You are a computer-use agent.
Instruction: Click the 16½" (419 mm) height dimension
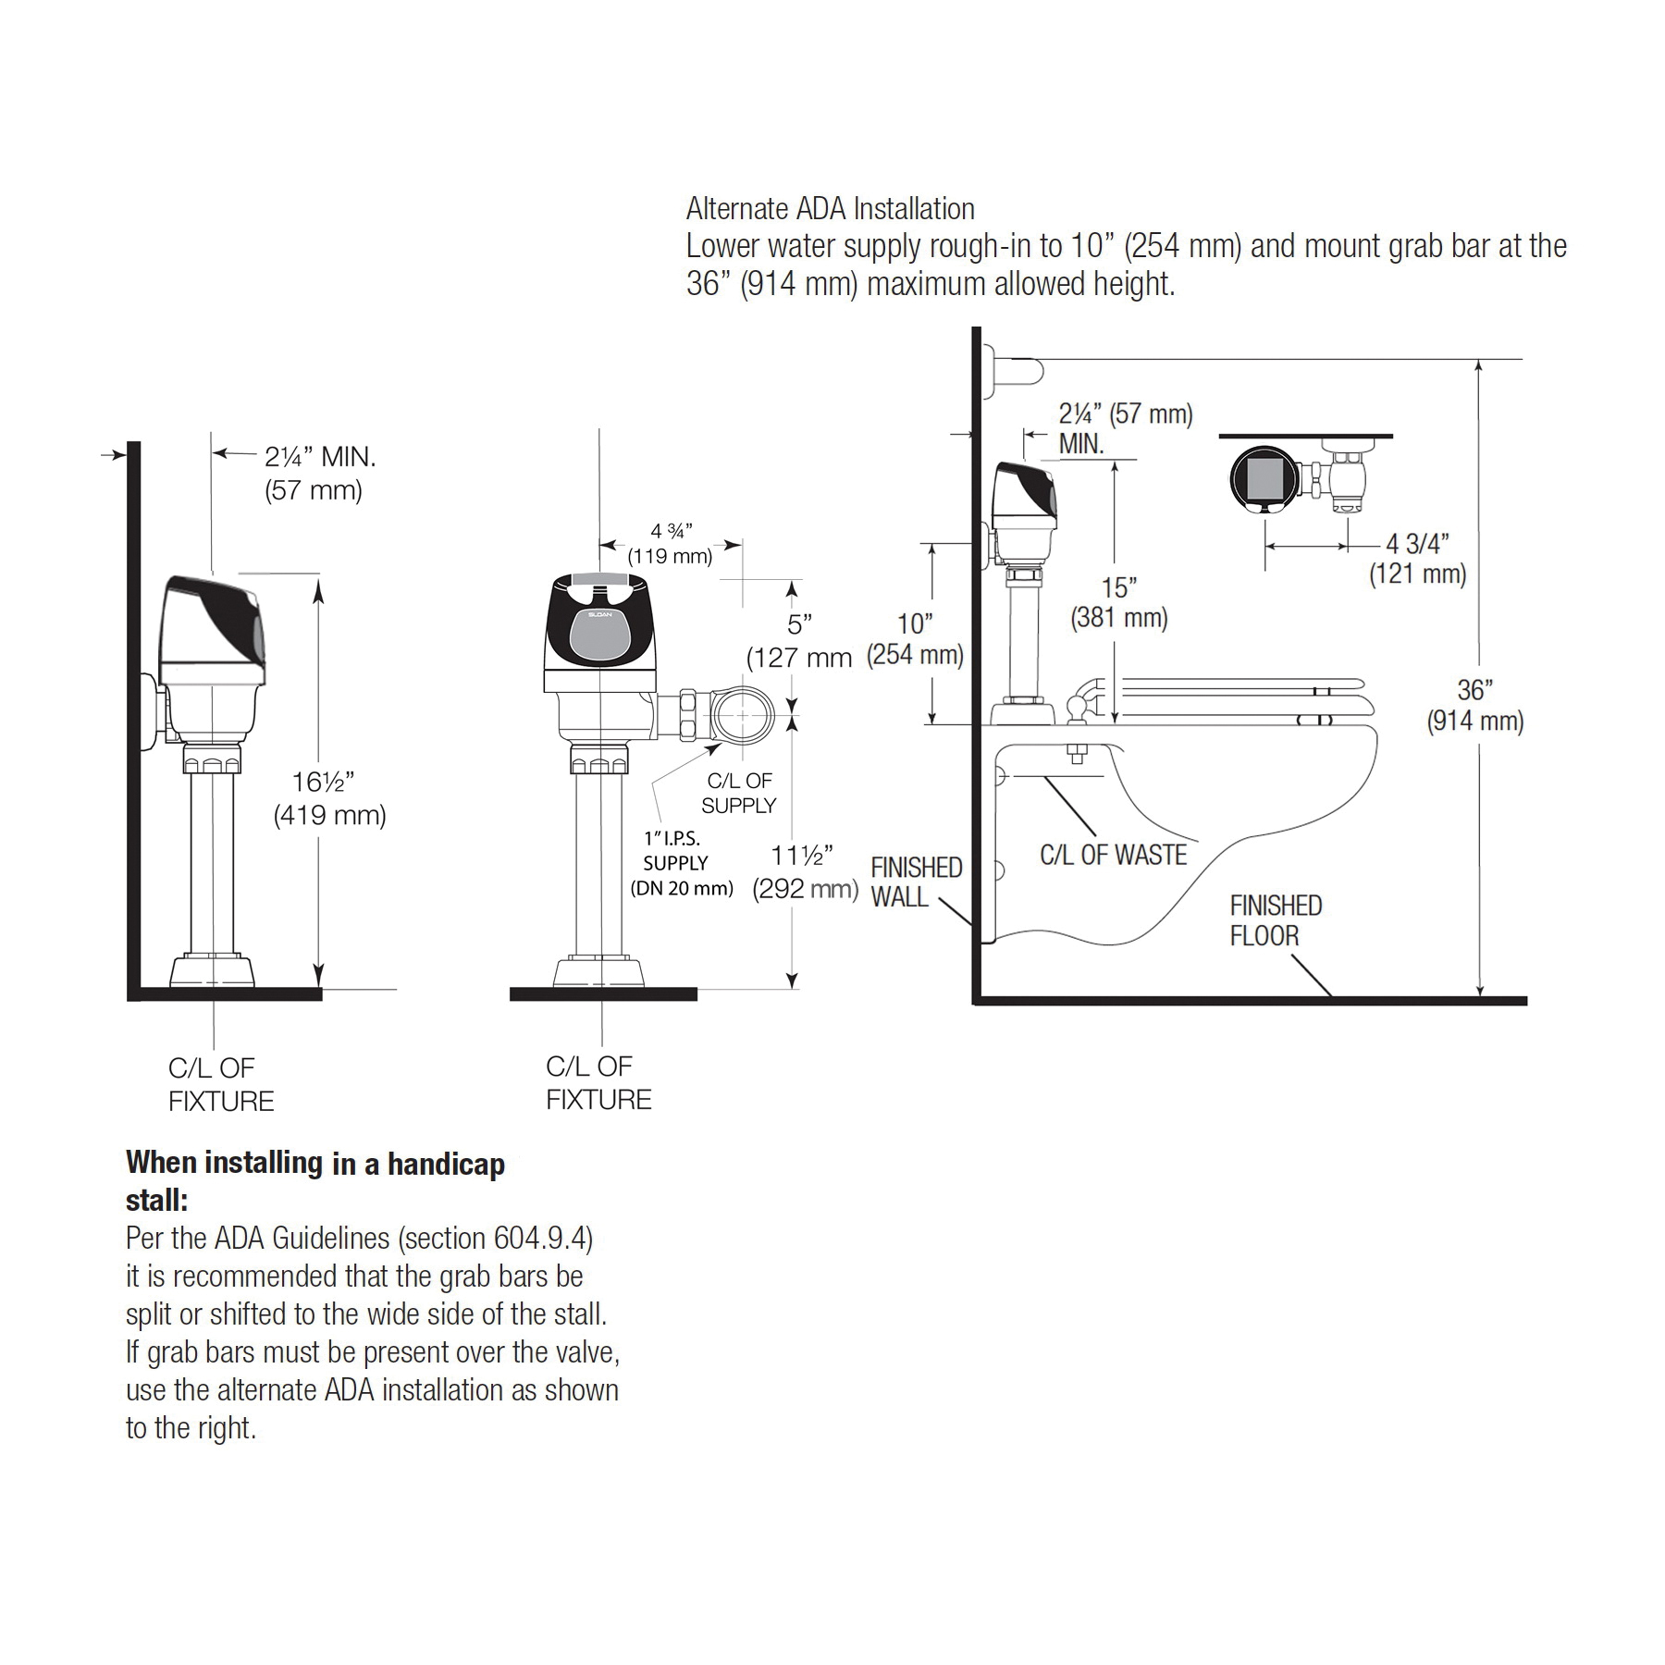point(330,798)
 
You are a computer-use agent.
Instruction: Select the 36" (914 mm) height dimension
point(1474,705)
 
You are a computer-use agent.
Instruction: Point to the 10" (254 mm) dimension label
point(915,638)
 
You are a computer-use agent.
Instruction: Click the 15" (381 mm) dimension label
point(1119,602)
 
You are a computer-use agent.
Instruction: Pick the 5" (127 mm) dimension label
point(799,640)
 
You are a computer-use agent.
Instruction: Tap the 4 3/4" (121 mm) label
point(1418,559)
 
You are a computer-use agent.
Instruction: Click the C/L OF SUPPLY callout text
point(738,794)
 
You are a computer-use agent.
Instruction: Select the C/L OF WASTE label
point(1113,855)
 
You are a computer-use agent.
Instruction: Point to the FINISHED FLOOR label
point(1276,920)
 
